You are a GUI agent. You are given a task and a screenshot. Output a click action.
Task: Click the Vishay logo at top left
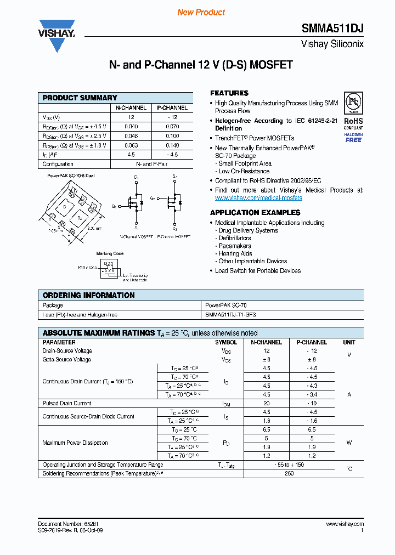[57, 34]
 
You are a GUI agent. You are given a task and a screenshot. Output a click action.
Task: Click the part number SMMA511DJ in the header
[332, 29]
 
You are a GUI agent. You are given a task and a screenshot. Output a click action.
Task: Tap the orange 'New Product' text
[201, 12]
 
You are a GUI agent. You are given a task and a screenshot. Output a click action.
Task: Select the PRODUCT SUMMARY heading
[80, 98]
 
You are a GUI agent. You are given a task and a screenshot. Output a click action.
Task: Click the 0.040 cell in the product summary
[131, 127]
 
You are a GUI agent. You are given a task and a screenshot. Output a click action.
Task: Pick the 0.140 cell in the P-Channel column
[172, 145]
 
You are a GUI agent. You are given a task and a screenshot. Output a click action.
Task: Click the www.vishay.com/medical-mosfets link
[258, 198]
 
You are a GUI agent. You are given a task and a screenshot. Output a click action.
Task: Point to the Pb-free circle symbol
[353, 103]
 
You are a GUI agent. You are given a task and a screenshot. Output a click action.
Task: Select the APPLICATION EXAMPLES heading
[255, 212]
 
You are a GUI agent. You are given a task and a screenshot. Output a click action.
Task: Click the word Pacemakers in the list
[235, 246]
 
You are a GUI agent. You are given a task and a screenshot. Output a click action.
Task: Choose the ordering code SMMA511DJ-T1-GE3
[230, 315]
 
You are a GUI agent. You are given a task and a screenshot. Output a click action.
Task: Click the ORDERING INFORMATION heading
[88, 295]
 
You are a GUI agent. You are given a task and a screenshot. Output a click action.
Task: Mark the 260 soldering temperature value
[289, 473]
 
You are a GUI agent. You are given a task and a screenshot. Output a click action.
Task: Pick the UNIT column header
[349, 342]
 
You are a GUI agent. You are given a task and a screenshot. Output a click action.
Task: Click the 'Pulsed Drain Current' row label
[67, 403]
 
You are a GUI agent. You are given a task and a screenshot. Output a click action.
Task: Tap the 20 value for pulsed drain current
[267, 403]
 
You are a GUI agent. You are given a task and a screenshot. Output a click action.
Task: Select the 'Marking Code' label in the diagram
[110, 253]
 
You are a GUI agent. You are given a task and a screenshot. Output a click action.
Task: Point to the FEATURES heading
[229, 93]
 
